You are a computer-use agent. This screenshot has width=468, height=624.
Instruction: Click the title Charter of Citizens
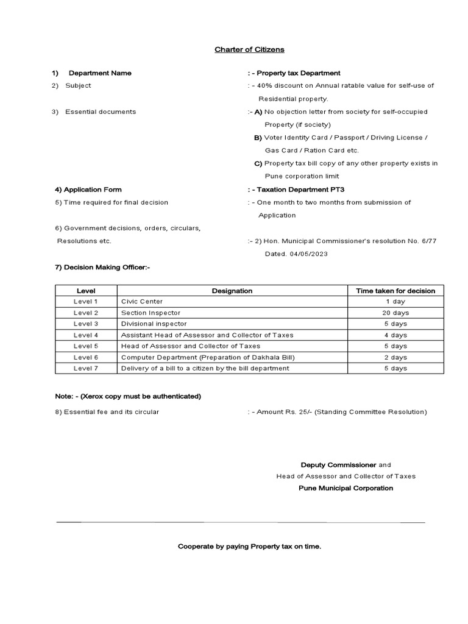coord(249,49)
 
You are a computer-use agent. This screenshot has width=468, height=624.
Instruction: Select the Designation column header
coord(232,291)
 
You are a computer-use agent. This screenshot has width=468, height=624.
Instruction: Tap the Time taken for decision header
coord(395,291)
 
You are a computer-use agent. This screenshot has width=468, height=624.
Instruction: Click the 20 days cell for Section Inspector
coord(395,313)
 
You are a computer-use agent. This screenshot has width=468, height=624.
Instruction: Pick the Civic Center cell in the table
coord(142,302)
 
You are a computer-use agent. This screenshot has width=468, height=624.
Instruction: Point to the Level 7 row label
coord(86,368)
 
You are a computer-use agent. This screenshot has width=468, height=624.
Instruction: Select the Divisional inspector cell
coord(154,324)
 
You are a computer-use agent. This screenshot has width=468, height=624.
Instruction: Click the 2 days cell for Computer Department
coord(395,357)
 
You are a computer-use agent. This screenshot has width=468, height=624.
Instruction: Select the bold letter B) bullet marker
coord(258,138)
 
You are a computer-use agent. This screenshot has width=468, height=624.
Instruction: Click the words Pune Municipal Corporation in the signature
coord(346,488)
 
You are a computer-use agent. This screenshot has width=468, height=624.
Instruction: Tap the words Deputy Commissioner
coord(339,465)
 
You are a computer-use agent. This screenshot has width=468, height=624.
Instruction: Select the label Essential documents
coord(101,112)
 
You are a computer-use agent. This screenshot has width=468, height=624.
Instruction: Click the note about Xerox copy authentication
coord(128,396)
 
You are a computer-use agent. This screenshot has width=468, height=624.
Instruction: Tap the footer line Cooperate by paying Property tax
coord(249,547)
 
